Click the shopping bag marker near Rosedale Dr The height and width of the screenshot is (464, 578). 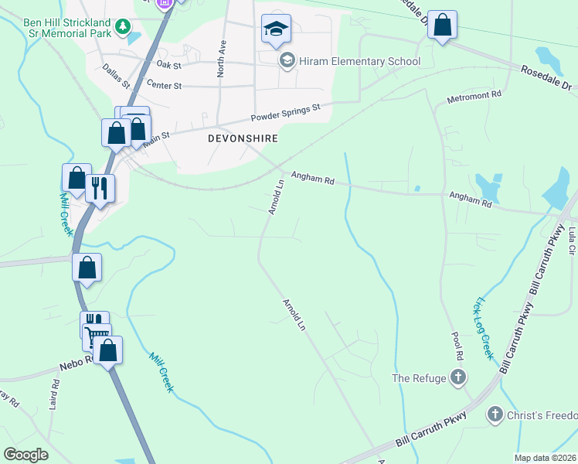tap(442, 26)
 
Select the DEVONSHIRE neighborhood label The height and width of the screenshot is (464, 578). tap(243, 138)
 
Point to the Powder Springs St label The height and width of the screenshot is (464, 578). tap(285, 114)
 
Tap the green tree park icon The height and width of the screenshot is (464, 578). tap(122, 28)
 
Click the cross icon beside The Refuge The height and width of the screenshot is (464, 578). tap(458, 378)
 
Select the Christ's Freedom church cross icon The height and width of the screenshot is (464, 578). tap(495, 416)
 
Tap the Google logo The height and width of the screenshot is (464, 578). tap(26, 455)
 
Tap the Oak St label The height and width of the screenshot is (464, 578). tap(168, 65)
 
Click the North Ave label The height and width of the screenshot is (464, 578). tap(221, 58)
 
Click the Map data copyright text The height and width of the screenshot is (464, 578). tap(546, 458)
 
